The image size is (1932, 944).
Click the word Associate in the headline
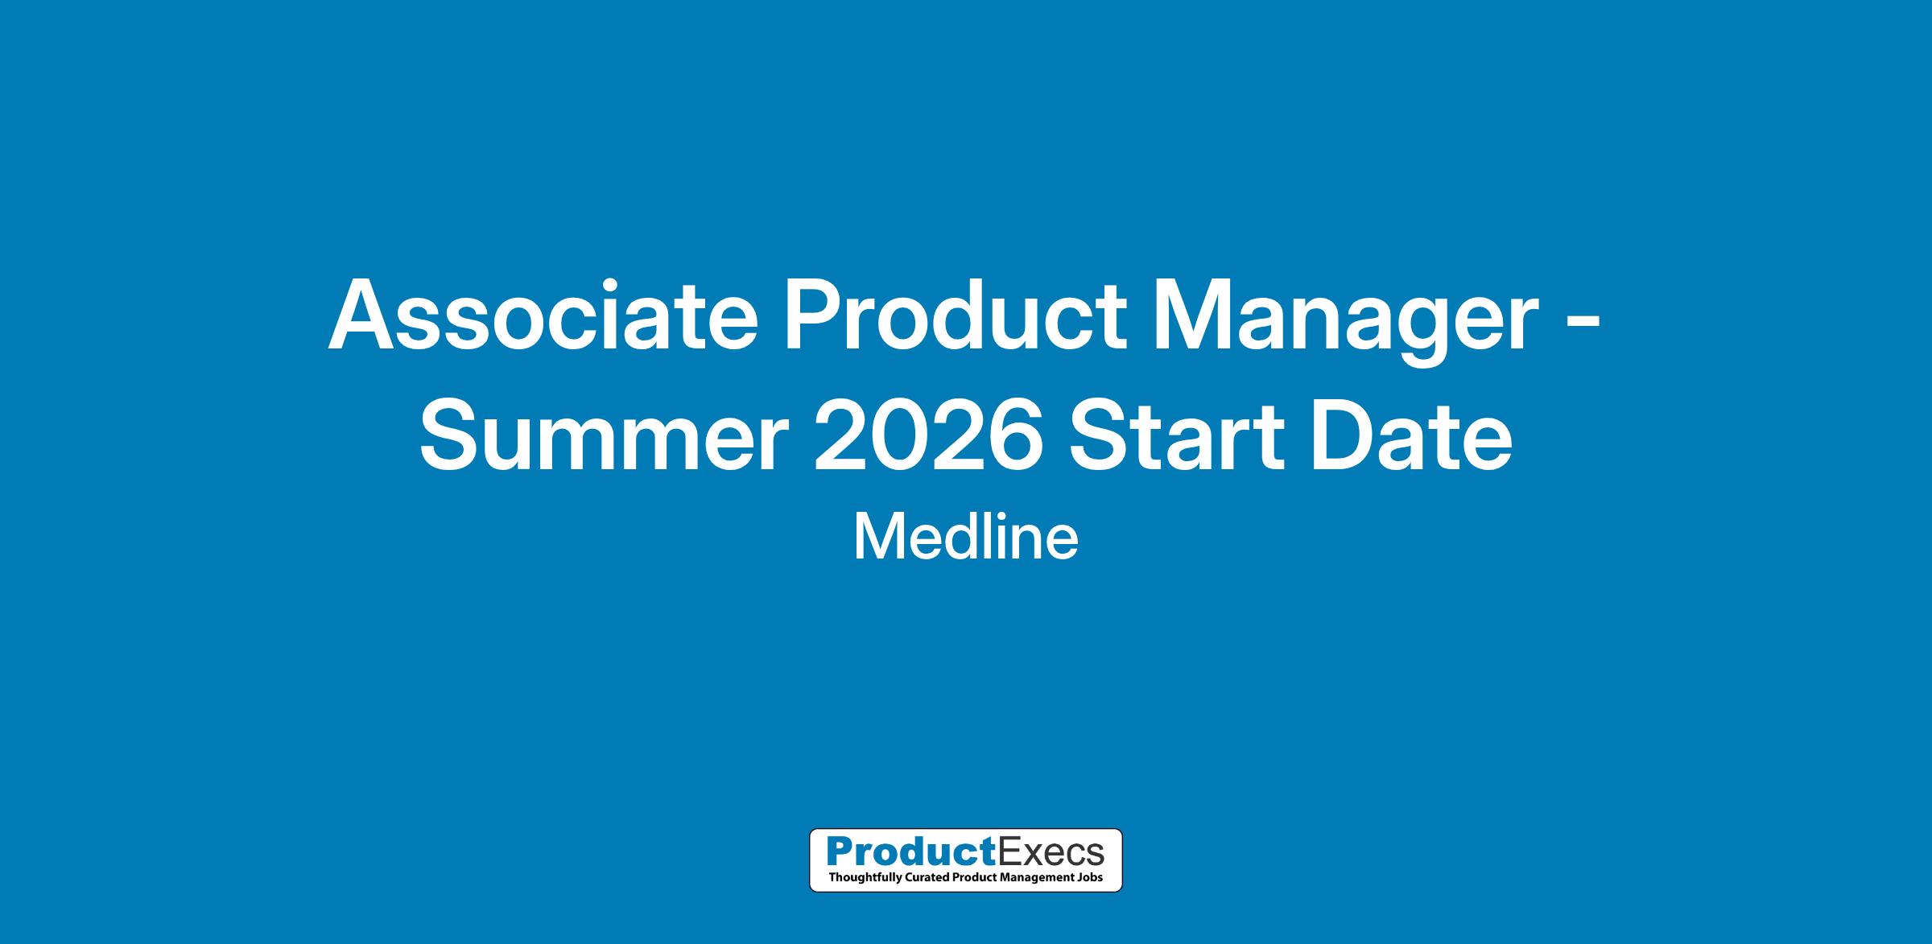543,315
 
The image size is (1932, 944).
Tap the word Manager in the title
1346,322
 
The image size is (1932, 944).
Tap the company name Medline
965,538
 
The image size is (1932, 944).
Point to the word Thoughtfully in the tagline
862,878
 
